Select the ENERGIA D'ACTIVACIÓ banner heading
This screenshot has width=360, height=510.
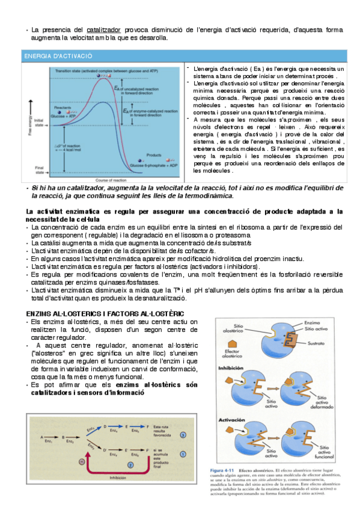58,55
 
